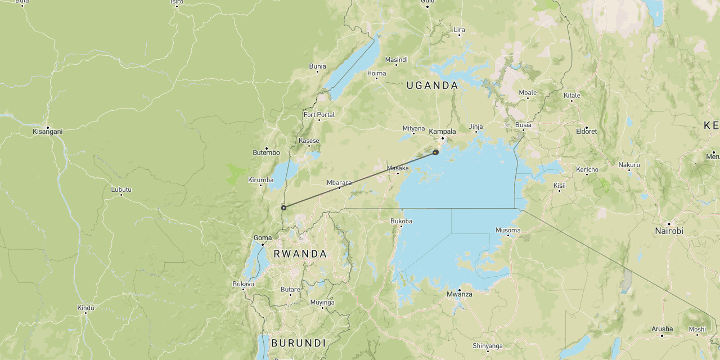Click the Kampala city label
tap(442, 132)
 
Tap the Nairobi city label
tap(669, 231)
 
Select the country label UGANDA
tap(432, 85)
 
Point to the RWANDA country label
tap(300, 254)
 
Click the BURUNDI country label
tap(298, 343)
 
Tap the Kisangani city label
tap(48, 132)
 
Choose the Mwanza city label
tap(460, 294)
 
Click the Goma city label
tap(263, 237)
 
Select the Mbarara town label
tap(339, 182)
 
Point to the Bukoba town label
tap(401, 221)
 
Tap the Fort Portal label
tap(319, 115)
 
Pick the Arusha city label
tap(662, 329)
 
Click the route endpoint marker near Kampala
tap(435, 152)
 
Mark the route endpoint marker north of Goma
tap(283, 208)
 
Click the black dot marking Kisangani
tap(48, 127)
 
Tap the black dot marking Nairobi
tap(669, 224)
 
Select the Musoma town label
tap(508, 230)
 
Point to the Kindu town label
tap(86, 308)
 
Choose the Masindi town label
tap(396, 60)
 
